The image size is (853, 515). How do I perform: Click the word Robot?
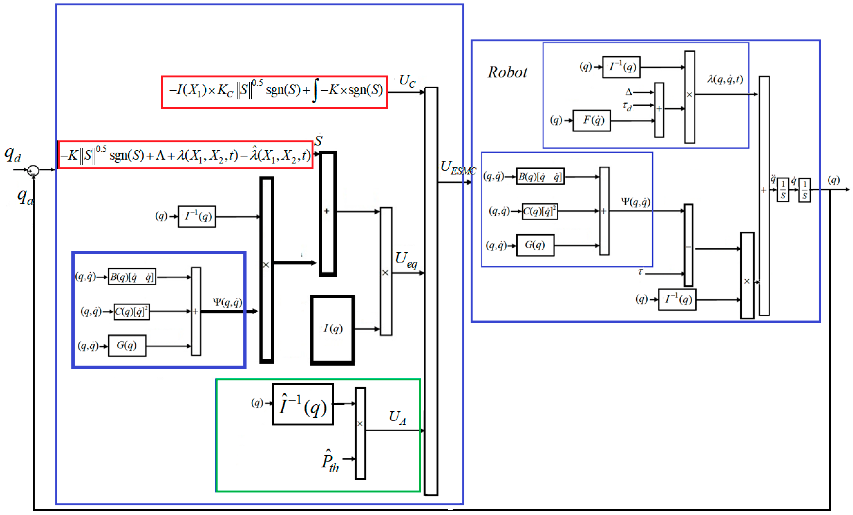507,72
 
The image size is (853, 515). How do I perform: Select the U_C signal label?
407,81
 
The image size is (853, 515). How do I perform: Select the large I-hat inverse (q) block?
303,404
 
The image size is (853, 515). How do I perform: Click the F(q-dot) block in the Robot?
592,120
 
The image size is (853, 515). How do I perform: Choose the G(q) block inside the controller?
127,345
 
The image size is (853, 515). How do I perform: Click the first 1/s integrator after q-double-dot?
783,190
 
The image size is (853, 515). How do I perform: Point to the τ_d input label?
627,106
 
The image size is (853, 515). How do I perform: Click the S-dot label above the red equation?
318,140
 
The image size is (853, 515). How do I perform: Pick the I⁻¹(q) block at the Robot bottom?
677,299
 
